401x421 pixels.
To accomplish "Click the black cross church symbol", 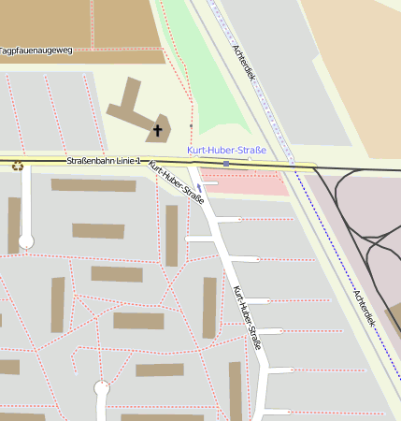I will click(x=158, y=130).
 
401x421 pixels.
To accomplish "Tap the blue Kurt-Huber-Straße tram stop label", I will click(x=227, y=150).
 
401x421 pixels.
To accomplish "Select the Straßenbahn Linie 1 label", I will click(x=104, y=161).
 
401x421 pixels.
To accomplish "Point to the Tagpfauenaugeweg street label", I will click(x=36, y=51).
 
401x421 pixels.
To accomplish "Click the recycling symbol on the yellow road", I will click(x=17, y=166).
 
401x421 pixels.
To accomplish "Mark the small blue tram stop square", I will click(x=226, y=164).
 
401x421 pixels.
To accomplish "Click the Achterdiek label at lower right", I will click(x=364, y=306).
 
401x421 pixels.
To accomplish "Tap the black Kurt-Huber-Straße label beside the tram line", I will click(x=177, y=182).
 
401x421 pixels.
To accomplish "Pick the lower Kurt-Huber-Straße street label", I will click(x=247, y=324).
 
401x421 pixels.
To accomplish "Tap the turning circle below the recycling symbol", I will click(x=26, y=241).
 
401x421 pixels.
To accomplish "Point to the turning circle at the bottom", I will click(x=102, y=387).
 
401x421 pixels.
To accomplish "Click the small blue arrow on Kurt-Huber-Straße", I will click(x=199, y=187).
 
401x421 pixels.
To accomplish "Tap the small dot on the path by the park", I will click(x=191, y=124).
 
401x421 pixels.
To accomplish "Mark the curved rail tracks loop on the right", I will click(x=369, y=234).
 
